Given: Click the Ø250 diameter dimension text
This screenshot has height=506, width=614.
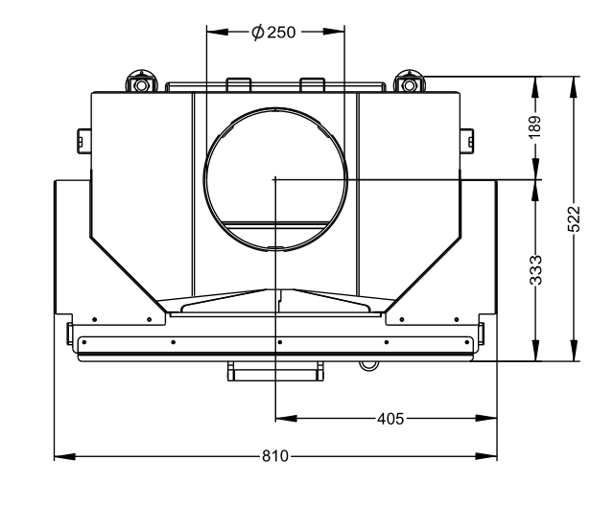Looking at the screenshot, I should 275,33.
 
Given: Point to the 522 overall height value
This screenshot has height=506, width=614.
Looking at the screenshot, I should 573,219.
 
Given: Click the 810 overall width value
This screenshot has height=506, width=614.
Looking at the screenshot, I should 275,456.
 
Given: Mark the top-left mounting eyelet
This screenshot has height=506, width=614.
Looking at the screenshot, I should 141,83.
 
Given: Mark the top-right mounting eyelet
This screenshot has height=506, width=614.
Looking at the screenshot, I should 411,83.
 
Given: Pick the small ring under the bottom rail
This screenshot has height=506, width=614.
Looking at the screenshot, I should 366,364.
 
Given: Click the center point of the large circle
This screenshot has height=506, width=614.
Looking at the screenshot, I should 275,178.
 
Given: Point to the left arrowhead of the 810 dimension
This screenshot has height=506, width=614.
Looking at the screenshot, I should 59,456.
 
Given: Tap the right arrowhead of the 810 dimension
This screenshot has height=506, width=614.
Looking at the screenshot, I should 491,456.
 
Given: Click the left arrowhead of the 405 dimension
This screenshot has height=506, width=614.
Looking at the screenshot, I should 281,419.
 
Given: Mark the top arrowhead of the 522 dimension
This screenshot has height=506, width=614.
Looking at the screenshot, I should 573,82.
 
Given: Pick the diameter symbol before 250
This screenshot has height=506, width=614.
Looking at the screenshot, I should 258,33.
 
